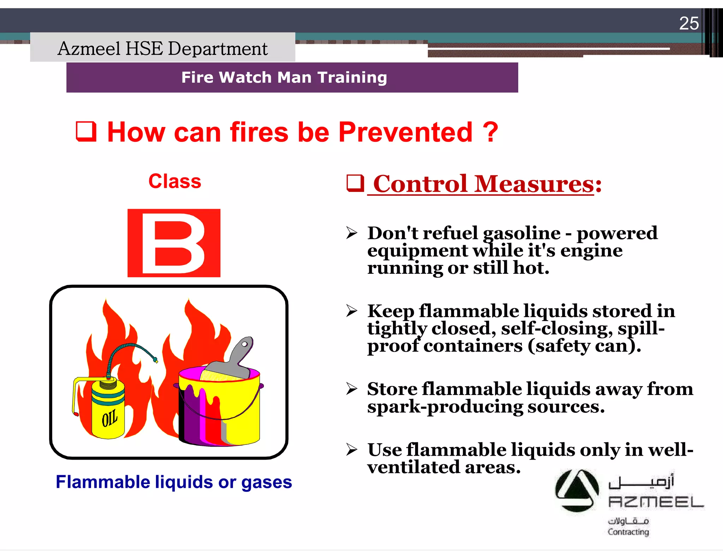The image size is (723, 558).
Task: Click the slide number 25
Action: coord(689,24)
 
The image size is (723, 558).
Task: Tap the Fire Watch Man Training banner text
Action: coord(284,77)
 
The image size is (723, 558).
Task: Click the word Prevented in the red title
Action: coord(405,132)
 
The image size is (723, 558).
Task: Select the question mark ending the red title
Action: coord(490,132)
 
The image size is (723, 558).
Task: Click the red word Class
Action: coord(175,181)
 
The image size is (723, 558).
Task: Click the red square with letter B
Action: coord(174,243)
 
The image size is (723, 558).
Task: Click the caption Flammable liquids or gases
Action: coord(174,482)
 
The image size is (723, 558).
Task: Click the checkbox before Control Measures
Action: coord(355,183)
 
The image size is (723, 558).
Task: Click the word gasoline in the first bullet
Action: coord(521,233)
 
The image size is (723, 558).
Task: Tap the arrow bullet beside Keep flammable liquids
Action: coord(352,311)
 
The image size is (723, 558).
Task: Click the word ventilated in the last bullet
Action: coord(413,467)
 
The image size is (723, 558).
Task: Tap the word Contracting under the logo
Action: coord(628,532)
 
